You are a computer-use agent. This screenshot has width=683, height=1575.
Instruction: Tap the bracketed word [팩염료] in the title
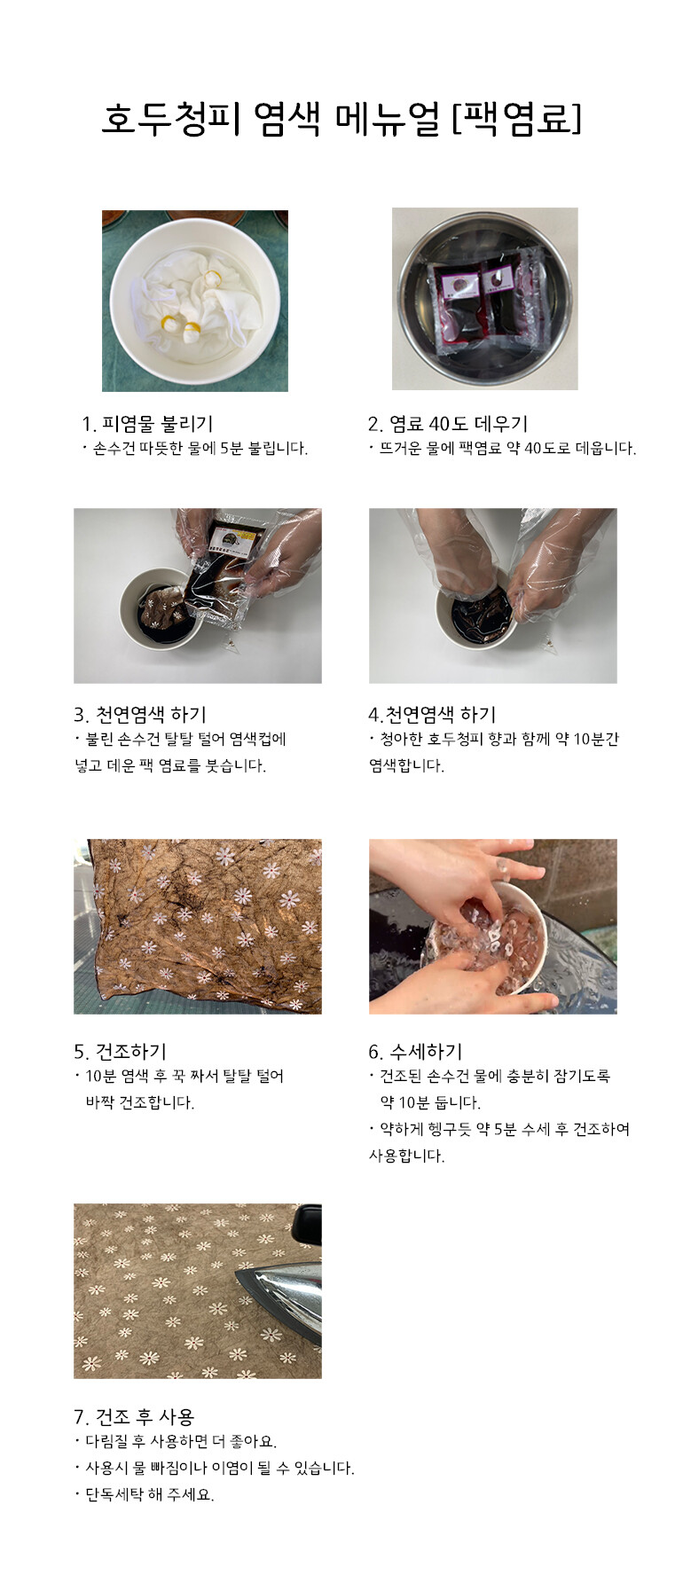coord(516,119)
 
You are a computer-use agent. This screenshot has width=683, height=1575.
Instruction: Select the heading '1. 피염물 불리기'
coord(147,424)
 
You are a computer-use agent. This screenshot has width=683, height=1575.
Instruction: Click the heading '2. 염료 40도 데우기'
coord(448,424)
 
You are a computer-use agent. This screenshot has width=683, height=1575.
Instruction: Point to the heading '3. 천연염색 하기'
coord(140,715)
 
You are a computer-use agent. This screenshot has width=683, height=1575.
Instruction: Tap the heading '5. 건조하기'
coord(120,1052)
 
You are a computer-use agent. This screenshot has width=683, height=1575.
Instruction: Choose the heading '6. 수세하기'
coord(415,1052)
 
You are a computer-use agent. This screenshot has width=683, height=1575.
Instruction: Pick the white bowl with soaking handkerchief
coord(195,300)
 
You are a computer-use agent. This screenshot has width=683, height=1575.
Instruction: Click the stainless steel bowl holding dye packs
coord(484,299)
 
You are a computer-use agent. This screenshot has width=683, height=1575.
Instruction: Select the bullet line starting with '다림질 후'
coord(176,1441)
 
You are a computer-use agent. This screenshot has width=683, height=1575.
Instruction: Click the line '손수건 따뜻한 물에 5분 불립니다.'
coord(195,449)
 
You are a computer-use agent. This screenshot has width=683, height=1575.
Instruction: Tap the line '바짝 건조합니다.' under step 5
coord(139,1102)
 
